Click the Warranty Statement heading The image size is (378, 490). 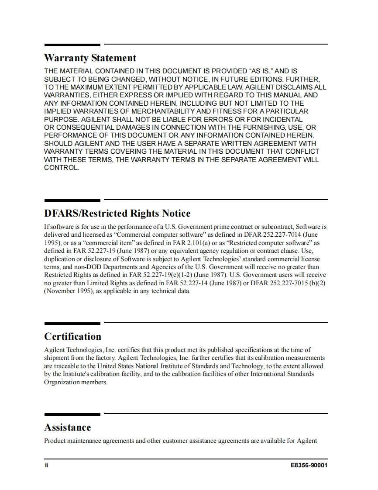click(x=90, y=58)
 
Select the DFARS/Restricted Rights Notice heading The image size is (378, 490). click(x=117, y=214)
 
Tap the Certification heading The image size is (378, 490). click(x=73, y=336)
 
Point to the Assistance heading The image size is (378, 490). click(x=68, y=427)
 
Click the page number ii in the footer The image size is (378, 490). click(x=46, y=465)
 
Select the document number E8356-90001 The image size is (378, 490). click(x=309, y=465)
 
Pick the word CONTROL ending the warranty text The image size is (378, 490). click(x=61, y=168)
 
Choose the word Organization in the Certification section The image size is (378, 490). click(x=62, y=382)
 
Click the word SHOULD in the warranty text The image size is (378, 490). click(x=59, y=144)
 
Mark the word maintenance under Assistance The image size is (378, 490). click(x=85, y=441)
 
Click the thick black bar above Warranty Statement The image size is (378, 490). click(x=72, y=45)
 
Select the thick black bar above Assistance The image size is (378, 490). click(x=72, y=414)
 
